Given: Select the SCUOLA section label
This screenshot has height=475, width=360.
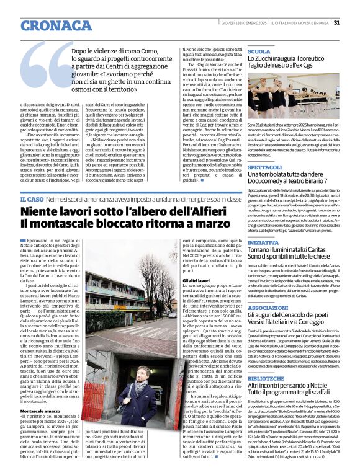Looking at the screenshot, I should click(x=259, y=51).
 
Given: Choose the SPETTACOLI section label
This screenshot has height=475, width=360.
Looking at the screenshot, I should click(x=267, y=167).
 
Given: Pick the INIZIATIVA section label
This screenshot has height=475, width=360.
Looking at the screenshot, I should click(x=263, y=243).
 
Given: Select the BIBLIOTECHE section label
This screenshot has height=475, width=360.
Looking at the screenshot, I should click(x=267, y=377).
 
